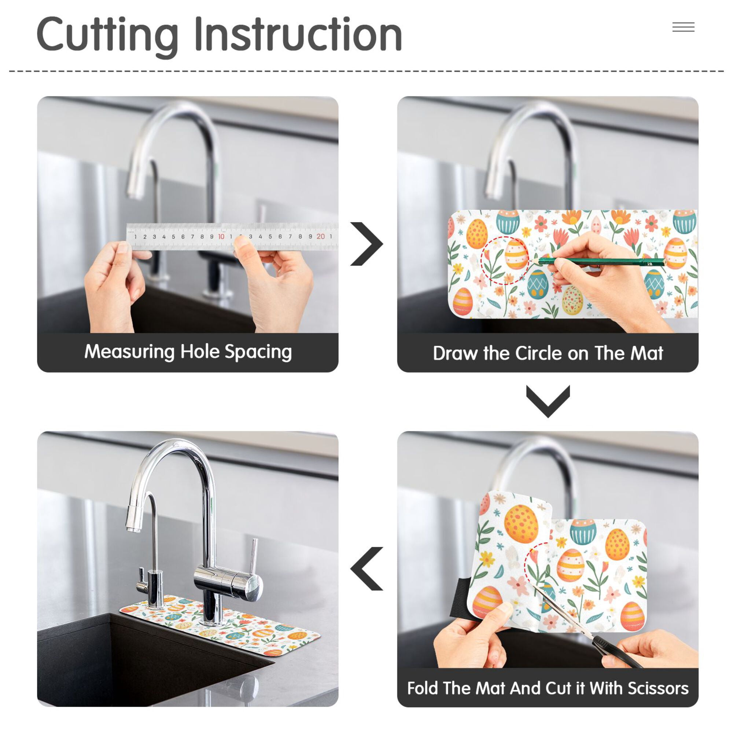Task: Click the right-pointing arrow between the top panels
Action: click(366, 244)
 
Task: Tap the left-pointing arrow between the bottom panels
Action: click(366, 569)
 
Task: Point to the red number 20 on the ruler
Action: click(321, 236)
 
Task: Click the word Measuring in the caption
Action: click(130, 352)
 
